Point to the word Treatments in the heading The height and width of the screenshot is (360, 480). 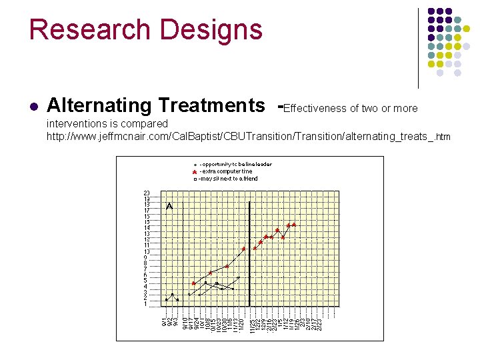(x=212, y=105)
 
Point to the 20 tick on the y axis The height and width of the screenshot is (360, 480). (x=147, y=193)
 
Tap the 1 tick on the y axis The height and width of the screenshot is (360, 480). (x=147, y=304)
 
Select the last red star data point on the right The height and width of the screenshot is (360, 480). (x=294, y=225)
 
